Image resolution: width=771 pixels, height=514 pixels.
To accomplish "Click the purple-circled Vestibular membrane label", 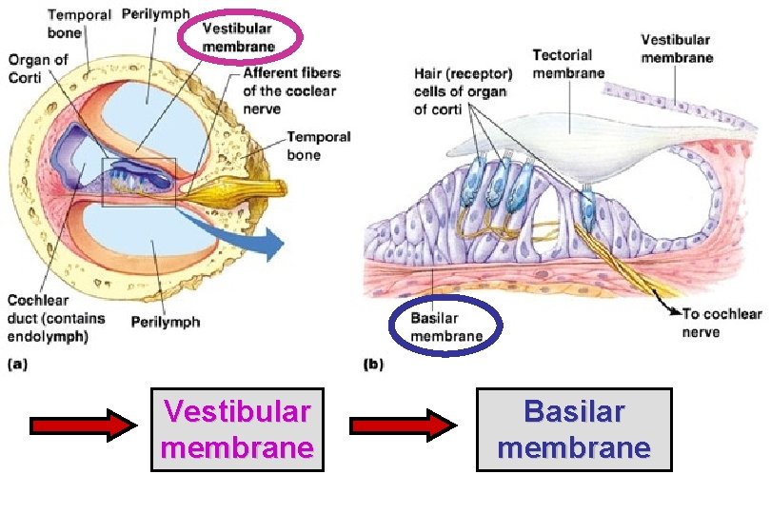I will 239,39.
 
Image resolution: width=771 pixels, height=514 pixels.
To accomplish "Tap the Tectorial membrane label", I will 568,64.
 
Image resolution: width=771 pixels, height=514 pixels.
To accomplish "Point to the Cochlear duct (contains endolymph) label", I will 56,318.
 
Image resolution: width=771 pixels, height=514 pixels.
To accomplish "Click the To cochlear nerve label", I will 721,323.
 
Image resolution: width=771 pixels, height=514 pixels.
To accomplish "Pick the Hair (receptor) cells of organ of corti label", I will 463,91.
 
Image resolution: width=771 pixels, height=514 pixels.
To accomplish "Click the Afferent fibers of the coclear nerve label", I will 291,82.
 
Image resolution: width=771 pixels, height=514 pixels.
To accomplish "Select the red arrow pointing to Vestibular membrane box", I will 84,425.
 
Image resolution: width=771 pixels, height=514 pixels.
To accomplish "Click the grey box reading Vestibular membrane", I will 237,429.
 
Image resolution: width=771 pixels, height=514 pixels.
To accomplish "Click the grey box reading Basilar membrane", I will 574,429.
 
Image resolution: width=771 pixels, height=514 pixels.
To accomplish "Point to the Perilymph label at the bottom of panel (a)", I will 166,322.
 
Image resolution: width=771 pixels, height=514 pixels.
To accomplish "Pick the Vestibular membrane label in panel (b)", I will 676,49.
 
